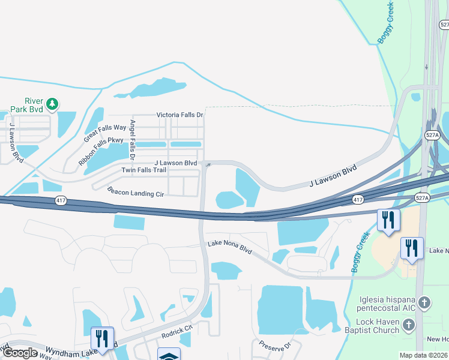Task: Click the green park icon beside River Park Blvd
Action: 52,104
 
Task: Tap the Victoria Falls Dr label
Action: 180,115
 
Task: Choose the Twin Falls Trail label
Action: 143,170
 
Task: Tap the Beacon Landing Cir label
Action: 136,191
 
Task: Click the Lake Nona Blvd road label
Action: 229,246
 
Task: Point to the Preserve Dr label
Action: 275,346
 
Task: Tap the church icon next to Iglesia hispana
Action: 424,302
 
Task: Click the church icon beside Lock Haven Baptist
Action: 409,325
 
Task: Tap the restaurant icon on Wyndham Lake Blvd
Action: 101,337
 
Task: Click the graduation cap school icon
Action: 167,354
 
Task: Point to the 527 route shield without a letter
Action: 444,25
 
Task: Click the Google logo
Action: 19,353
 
